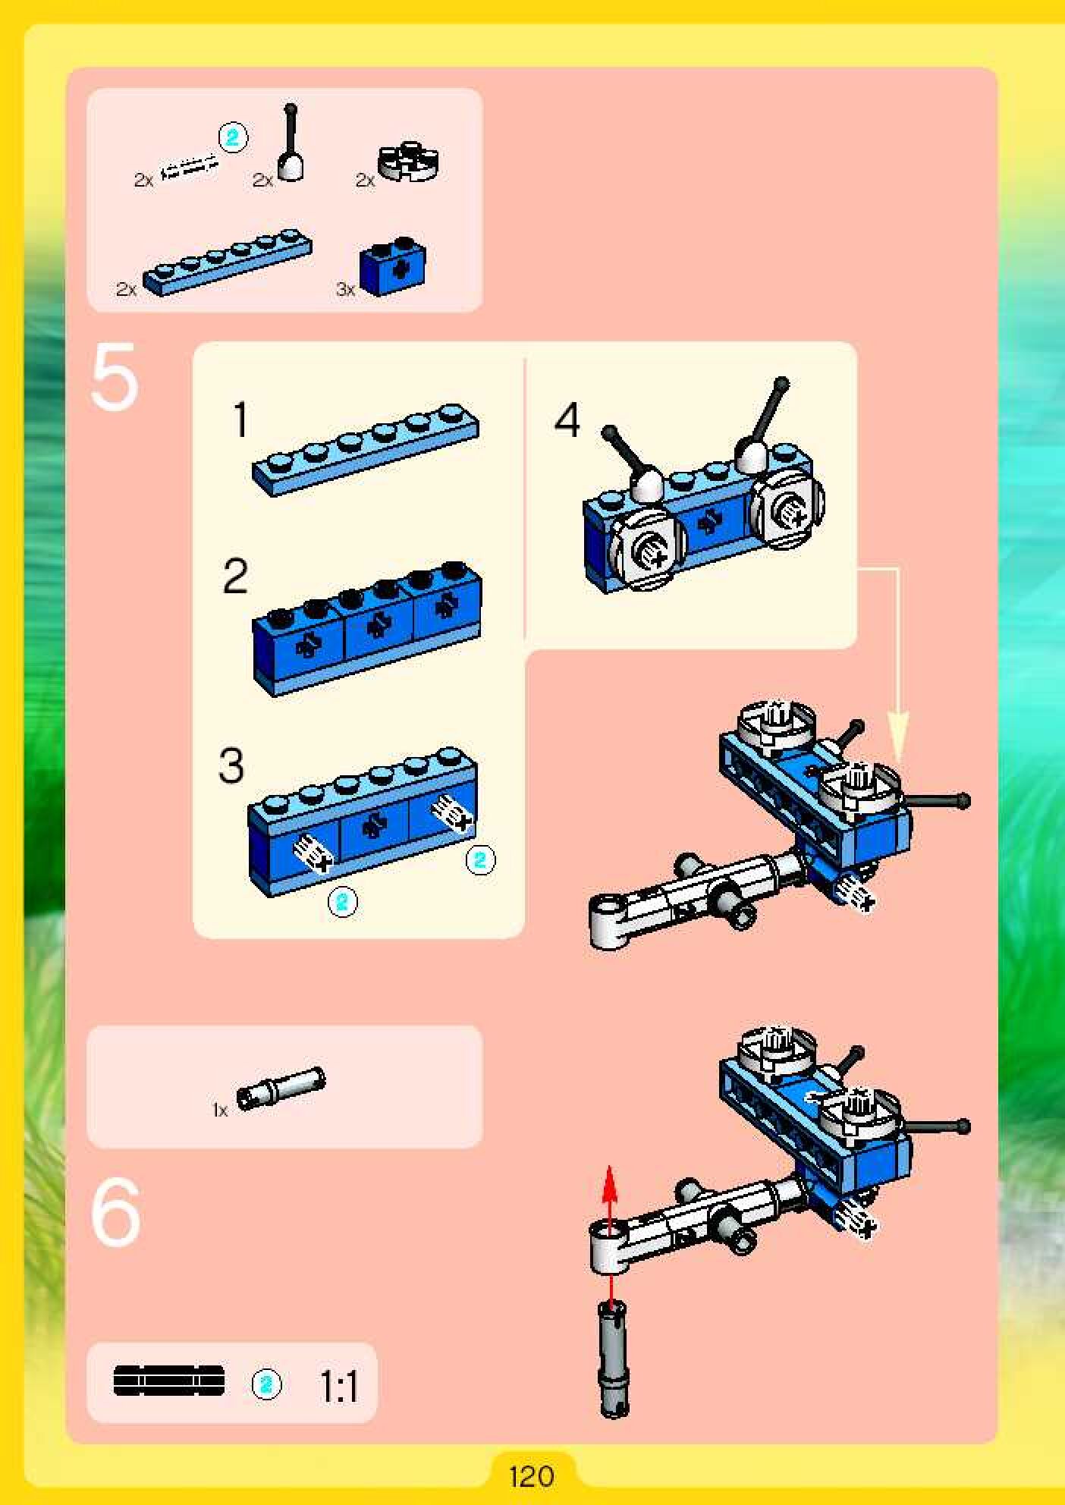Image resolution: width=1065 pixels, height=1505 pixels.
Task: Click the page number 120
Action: click(531, 1476)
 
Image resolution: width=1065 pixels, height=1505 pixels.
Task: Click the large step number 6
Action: click(115, 1212)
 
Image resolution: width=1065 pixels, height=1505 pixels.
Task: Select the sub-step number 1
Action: click(240, 419)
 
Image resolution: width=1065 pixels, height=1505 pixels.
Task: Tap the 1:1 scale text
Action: click(338, 1387)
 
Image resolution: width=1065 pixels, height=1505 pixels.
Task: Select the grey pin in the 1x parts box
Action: click(280, 1089)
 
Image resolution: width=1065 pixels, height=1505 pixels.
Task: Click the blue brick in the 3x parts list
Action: click(392, 269)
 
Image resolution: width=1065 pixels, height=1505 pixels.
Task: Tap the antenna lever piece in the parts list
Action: click(291, 144)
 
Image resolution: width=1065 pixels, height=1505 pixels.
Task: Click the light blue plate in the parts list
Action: click(227, 262)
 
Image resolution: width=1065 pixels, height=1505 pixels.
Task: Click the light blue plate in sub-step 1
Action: click(366, 448)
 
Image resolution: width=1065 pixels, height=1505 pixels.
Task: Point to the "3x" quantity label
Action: click(345, 289)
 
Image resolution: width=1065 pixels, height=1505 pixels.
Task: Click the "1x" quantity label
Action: click(220, 1111)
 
